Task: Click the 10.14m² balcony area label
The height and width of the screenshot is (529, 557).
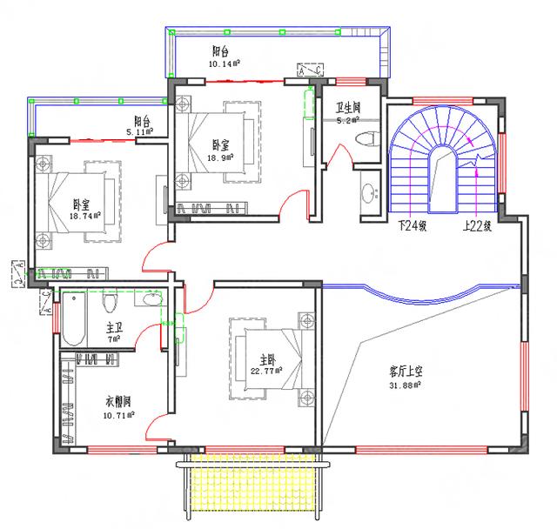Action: [x=225, y=64]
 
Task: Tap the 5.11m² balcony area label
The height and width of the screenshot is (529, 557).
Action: [x=139, y=132]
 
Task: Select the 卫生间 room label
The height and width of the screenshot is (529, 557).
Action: [x=348, y=109]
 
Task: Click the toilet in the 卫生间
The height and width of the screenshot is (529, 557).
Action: [x=368, y=137]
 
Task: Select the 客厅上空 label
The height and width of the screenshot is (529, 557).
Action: [x=405, y=369]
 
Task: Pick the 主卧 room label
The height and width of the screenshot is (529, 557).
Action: [x=267, y=358]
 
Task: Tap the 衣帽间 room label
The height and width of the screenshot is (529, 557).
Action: [x=118, y=402]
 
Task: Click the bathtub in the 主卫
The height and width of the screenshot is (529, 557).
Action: [x=73, y=320]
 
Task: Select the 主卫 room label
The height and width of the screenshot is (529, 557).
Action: [x=114, y=328]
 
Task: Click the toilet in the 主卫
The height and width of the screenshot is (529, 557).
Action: [x=110, y=303]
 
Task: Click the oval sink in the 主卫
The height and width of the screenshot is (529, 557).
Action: [x=152, y=300]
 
